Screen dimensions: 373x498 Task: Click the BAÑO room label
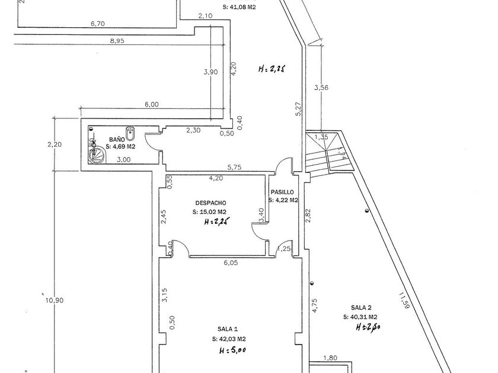tap(117, 139)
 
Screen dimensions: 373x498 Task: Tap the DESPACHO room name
tap(203, 201)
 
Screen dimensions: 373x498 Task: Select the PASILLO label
tap(282, 192)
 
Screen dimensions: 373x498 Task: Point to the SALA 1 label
tap(228, 329)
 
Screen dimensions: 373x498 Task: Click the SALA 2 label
tap(361, 307)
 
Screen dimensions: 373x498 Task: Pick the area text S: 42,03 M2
tap(229, 339)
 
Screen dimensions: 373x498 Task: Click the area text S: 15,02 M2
tap(209, 211)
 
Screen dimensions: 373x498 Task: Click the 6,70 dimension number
tap(98, 24)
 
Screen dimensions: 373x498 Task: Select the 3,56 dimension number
tap(321, 88)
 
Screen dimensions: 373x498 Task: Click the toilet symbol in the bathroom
tap(129, 131)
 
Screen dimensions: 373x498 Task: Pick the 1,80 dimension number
tap(330, 358)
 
